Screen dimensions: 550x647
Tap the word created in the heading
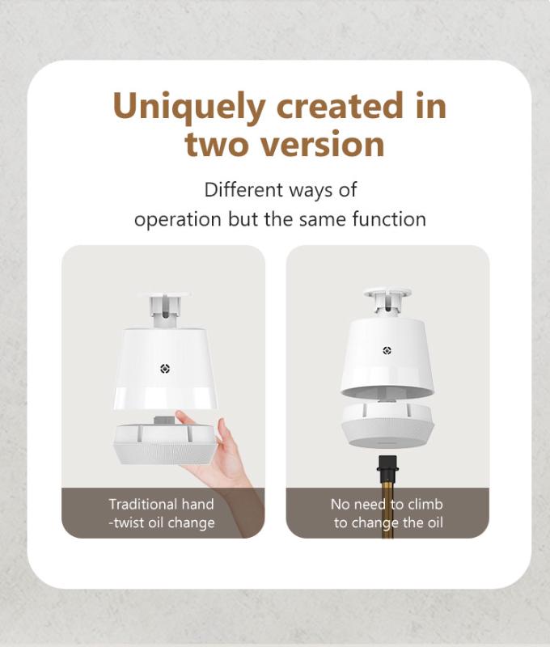coord(340,106)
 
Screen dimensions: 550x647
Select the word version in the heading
coord(322,145)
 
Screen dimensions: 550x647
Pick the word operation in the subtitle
coord(178,220)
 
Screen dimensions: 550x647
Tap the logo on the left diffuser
coord(165,369)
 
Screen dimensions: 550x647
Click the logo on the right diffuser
coord(387,350)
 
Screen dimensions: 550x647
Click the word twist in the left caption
coord(129,522)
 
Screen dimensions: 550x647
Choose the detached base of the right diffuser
coord(387,425)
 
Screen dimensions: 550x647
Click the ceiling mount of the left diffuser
coord(165,311)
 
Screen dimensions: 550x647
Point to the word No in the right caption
coord(340,504)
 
